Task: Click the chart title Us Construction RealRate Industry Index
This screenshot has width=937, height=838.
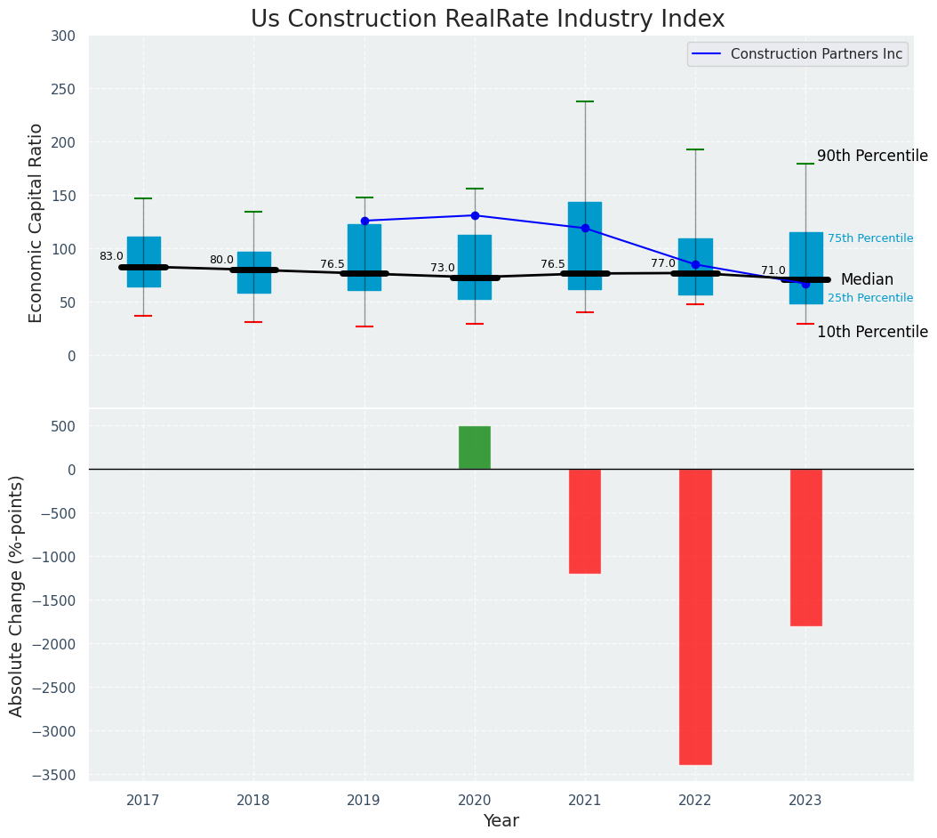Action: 487,20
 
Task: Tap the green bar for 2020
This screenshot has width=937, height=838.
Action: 475,447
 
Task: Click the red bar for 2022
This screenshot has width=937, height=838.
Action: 695,616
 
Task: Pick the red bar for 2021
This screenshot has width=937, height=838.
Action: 585,521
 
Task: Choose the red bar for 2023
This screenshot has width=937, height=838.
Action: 805,547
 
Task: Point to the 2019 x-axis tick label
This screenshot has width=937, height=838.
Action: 364,801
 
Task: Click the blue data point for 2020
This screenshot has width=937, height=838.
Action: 475,215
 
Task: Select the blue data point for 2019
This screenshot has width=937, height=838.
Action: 364,221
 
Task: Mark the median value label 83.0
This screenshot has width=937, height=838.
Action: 111,256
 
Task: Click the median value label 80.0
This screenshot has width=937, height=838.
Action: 221,260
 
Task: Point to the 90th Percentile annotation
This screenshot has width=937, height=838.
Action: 872,156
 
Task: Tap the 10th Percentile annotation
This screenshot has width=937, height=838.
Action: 872,332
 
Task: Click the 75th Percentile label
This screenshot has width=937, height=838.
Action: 870,238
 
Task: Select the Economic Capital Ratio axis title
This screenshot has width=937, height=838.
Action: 36,222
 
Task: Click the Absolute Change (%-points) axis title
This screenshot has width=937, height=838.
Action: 17,595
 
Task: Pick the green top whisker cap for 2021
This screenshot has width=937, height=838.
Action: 585,101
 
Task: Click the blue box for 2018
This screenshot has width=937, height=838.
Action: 253,272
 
